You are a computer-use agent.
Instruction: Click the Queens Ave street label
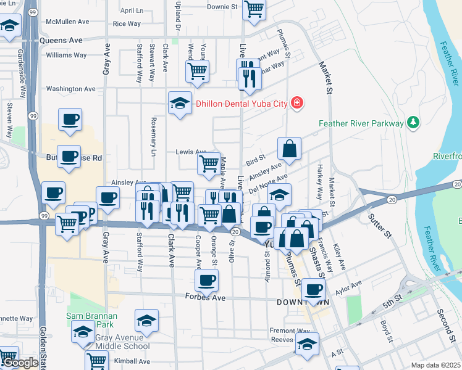tap(61, 40)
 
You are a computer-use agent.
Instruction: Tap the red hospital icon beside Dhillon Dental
tap(297, 103)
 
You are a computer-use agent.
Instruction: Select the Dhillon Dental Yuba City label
tap(241, 104)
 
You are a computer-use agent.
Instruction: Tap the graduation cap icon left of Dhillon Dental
tap(180, 102)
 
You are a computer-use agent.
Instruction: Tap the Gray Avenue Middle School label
tap(122, 342)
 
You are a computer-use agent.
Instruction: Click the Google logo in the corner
tap(20, 363)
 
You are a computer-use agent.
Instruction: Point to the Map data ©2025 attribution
tap(435, 365)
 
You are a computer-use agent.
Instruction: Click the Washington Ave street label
tap(70, 89)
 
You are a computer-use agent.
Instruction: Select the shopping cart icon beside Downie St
tap(254, 9)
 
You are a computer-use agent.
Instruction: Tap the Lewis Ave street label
tap(191, 152)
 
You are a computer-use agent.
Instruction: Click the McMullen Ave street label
tap(67, 22)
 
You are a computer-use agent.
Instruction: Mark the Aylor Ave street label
tap(348, 287)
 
